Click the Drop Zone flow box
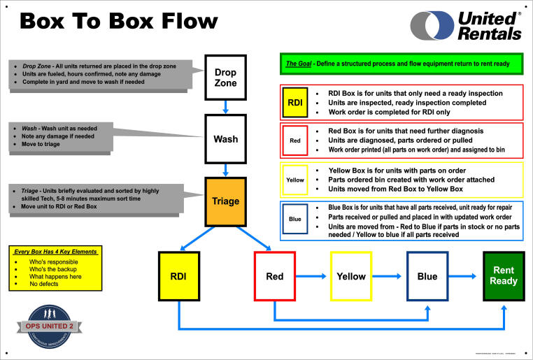(x=225, y=78)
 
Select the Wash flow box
(x=225, y=138)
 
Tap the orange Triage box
(x=225, y=201)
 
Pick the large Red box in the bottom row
(x=274, y=276)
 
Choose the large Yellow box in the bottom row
(x=350, y=276)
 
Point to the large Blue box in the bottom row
(x=427, y=276)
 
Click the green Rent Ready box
(x=504, y=276)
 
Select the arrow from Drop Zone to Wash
(x=225, y=107)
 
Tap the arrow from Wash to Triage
(x=225, y=168)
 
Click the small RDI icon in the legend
(x=294, y=102)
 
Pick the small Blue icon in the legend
(x=294, y=219)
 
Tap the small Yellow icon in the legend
(x=294, y=180)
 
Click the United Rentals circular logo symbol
(x=432, y=26)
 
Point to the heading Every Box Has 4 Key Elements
(x=57, y=251)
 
